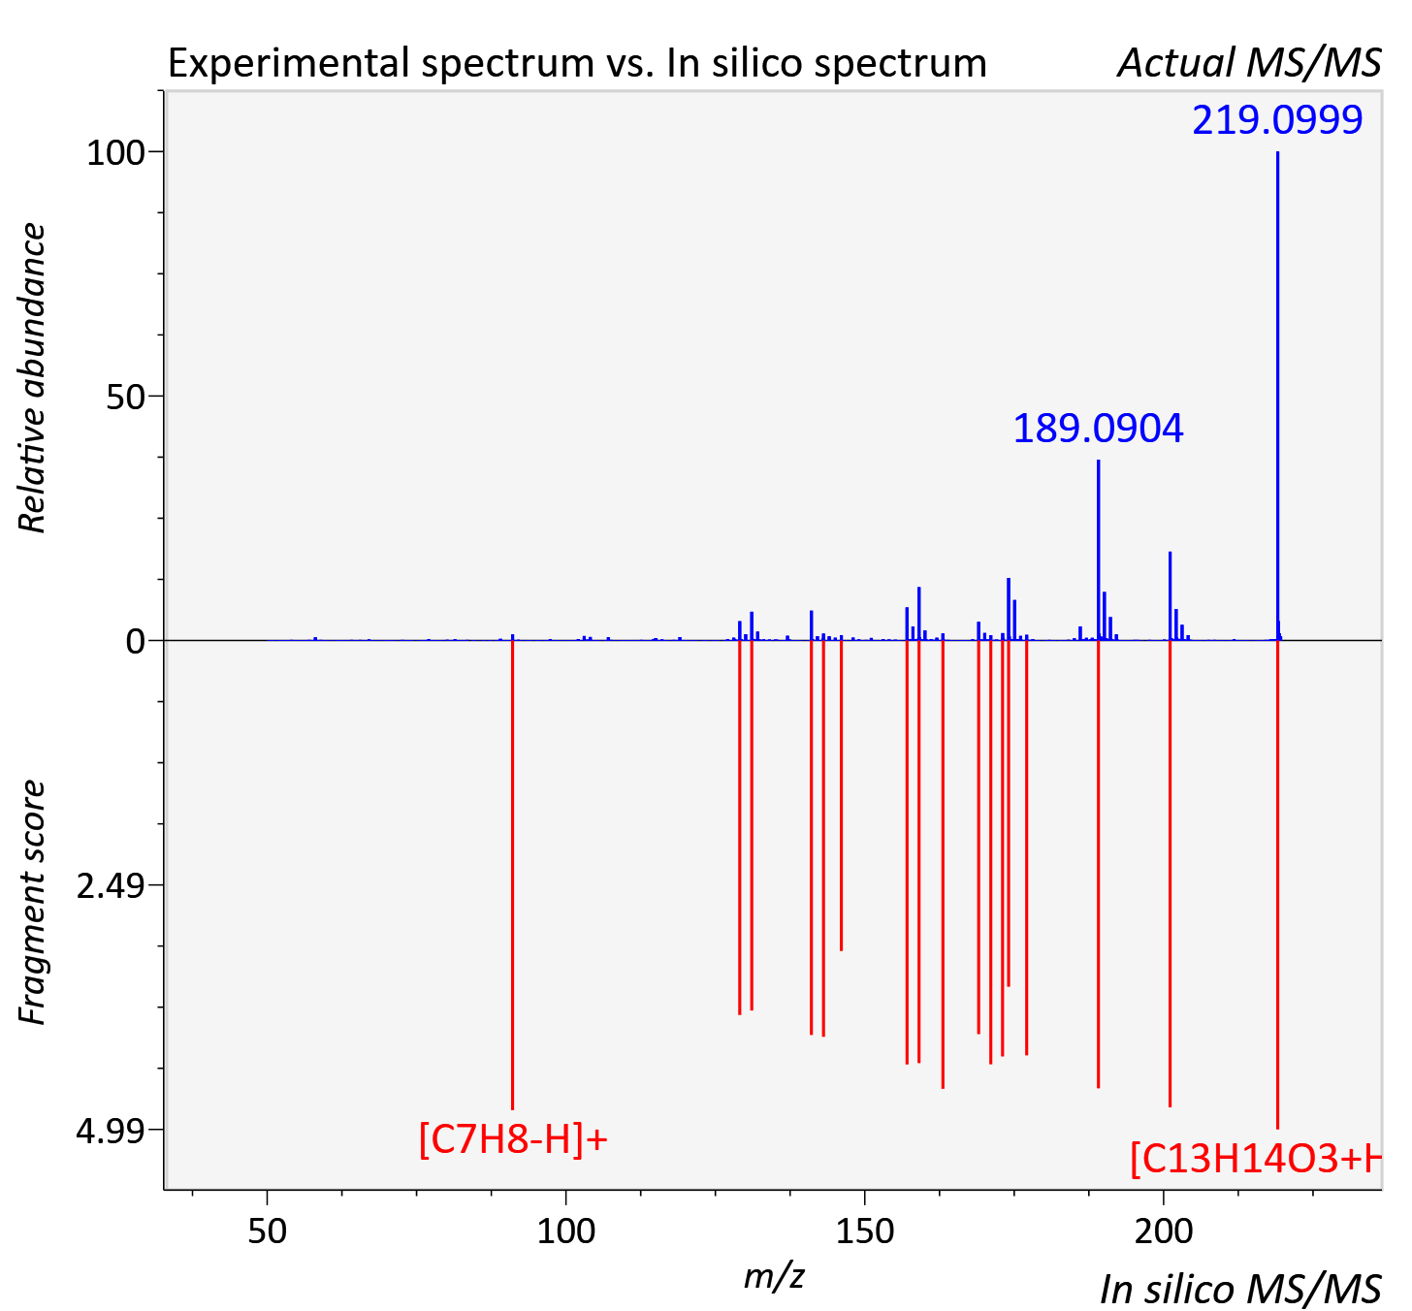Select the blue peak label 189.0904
point(1098,429)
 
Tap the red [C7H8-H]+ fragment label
point(513,1139)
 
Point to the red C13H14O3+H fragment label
point(1256,1159)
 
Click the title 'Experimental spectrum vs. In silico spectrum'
point(577,63)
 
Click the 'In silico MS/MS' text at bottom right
point(1240,1289)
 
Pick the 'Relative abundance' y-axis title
point(32,378)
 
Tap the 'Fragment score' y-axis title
point(32,902)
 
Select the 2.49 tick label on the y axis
point(111,886)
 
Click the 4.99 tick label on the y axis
point(111,1131)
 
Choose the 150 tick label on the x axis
point(864,1231)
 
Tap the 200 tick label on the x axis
point(1164,1231)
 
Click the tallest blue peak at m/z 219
point(1277,396)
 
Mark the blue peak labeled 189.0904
point(1099,550)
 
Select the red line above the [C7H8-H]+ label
point(513,875)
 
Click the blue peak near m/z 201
point(1171,595)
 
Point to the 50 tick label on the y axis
point(125,398)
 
